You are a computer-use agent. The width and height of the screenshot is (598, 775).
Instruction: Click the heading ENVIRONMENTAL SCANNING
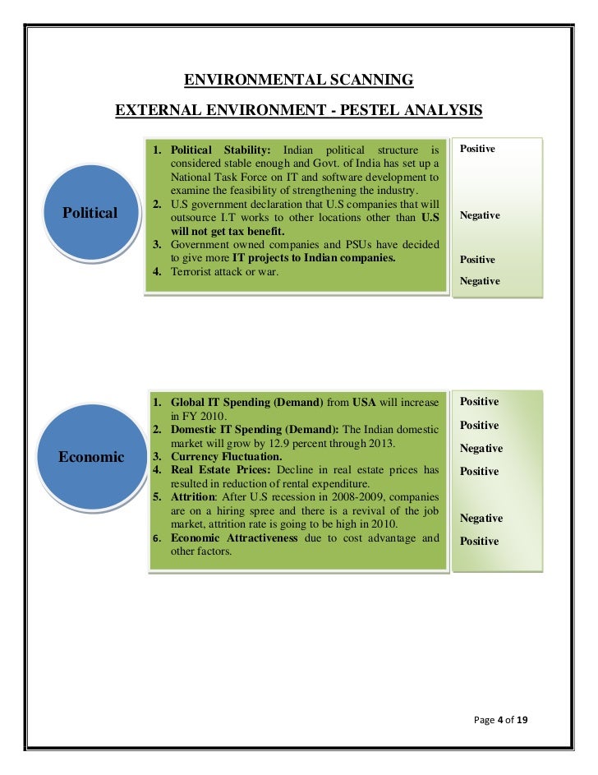[x=298, y=80]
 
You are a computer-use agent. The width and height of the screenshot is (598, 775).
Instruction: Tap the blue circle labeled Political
[x=90, y=213]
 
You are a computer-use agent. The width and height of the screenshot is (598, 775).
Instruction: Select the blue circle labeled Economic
[x=91, y=456]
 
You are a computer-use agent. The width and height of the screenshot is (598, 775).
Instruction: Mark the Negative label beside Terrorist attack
[x=480, y=281]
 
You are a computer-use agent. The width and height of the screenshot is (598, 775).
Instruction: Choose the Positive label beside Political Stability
[x=477, y=149]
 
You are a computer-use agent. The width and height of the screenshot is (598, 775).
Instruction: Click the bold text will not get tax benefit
[x=219, y=232]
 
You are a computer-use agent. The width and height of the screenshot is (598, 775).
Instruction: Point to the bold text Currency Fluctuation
[x=226, y=456]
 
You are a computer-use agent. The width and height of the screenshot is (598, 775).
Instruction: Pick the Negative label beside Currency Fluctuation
[x=481, y=449]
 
